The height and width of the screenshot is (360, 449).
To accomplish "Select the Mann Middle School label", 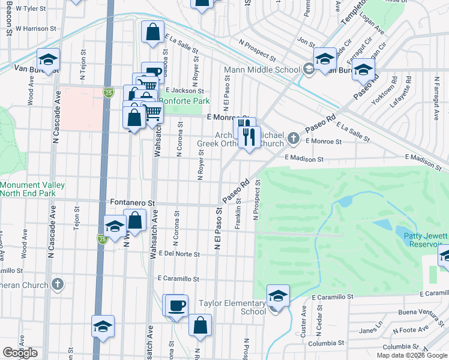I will [x=262, y=70].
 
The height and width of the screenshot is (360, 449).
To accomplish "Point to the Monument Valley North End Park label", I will [x=28, y=190].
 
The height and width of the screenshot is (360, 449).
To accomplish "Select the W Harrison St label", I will [x=35, y=28].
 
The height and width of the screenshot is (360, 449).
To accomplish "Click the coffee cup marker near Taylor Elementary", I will [x=176, y=305].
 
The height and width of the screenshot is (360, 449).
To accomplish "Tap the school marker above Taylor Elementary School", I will [x=278, y=296].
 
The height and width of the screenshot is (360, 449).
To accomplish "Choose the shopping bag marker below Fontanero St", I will [x=136, y=220].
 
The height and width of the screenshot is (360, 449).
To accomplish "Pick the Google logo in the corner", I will [x=20, y=353].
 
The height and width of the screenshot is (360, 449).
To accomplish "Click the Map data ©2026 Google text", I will [x=411, y=355].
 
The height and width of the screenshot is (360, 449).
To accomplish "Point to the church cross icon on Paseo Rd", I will [x=294, y=139].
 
